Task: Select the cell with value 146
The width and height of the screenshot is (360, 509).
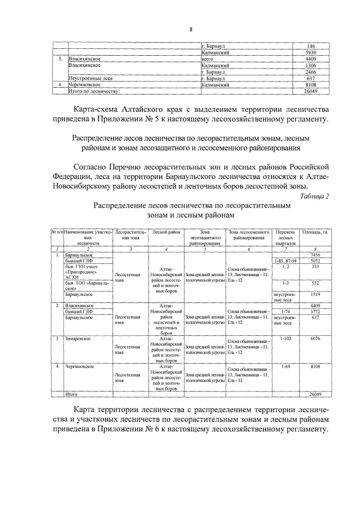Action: (310, 46)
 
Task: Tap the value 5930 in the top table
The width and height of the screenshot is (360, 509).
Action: (310, 52)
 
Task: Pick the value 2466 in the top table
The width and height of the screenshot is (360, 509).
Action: (310, 73)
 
